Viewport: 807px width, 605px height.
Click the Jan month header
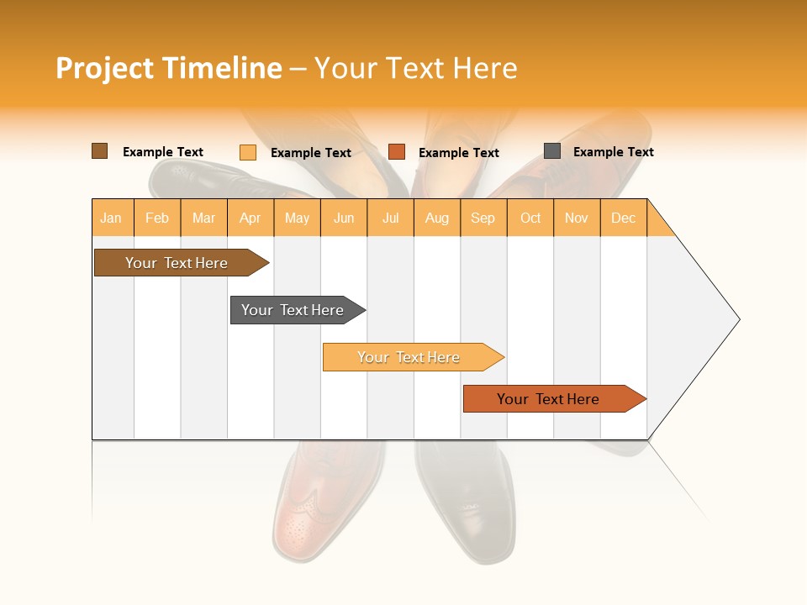[112, 218]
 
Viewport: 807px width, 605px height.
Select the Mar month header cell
[203, 218]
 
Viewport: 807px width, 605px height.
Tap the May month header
[297, 218]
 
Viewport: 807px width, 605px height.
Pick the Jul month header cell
[390, 218]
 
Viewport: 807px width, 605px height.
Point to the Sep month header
[483, 218]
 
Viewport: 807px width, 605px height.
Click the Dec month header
[623, 218]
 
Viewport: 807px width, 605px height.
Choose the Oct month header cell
[530, 218]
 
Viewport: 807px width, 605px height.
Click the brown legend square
[99, 151]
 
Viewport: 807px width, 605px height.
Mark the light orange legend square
[247, 152]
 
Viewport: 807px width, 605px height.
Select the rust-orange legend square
[397, 152]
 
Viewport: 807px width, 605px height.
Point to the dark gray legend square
[551, 151]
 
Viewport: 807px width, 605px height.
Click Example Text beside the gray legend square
[613, 152]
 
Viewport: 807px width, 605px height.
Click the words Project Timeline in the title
[169, 68]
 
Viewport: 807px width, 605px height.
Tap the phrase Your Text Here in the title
[415, 68]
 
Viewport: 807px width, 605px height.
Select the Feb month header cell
[157, 218]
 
